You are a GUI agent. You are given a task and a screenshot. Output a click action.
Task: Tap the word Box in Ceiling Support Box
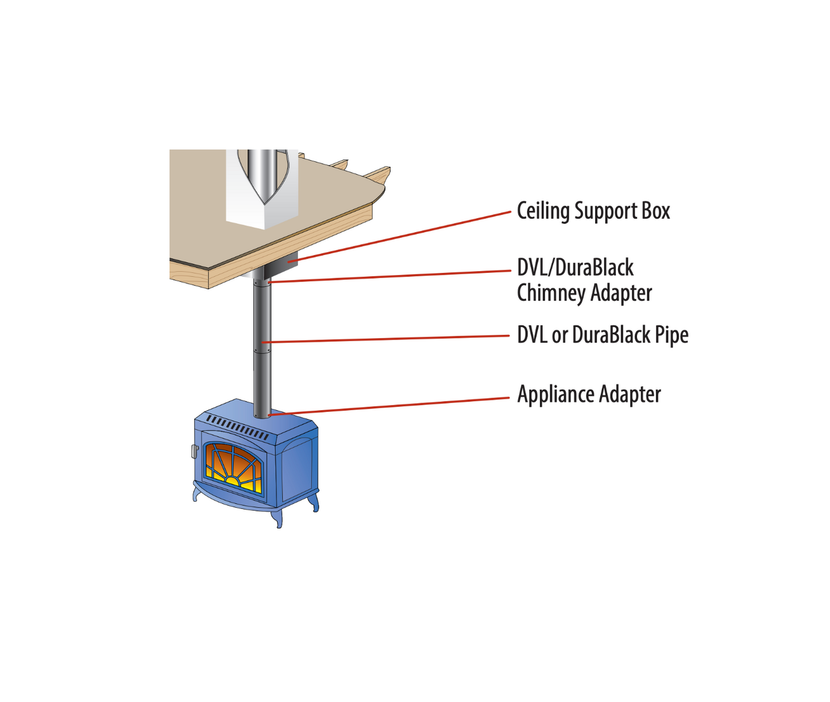pos(655,211)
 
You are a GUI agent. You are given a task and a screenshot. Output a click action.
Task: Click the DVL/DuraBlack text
pos(575,268)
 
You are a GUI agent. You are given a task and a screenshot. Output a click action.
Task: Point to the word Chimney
pos(551,293)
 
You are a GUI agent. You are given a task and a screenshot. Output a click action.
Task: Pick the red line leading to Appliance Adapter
pos(391,406)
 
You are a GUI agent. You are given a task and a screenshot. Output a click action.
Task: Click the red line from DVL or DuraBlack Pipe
pos(391,339)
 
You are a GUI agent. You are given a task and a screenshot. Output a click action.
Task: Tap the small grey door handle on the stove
pos(195,451)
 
